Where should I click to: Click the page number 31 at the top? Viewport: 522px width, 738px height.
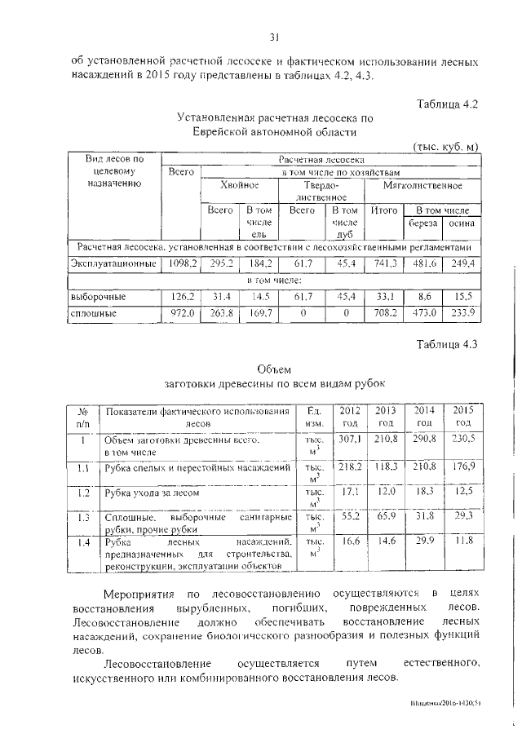click(x=274, y=36)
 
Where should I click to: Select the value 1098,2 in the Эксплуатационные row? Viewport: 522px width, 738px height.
click(x=182, y=263)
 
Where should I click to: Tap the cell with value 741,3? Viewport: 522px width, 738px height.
click(x=383, y=263)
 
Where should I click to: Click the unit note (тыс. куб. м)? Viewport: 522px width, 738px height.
click(x=446, y=146)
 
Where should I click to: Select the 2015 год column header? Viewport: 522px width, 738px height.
click(x=463, y=416)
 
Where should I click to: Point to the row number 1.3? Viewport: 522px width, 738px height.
click(x=82, y=517)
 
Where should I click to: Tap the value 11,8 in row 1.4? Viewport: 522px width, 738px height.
click(x=463, y=541)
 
